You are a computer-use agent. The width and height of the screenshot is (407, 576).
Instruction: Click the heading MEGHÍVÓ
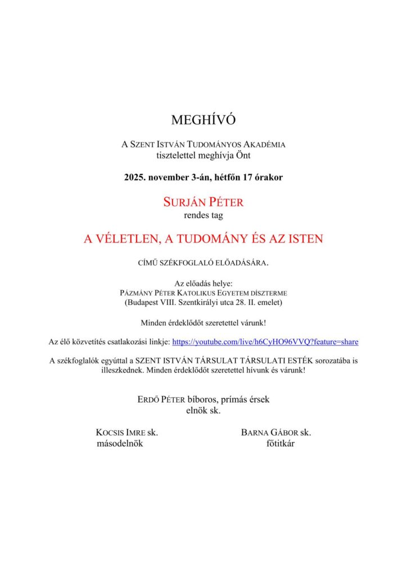pyautogui.click(x=203, y=119)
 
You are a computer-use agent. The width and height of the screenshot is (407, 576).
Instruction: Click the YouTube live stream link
pyautogui.click(x=265, y=341)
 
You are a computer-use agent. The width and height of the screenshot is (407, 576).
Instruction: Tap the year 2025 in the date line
pyautogui.click(x=135, y=177)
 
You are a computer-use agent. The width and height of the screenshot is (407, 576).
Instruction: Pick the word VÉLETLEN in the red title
pyautogui.click(x=124, y=239)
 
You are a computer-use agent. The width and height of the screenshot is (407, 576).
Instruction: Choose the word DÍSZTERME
pyautogui.click(x=269, y=293)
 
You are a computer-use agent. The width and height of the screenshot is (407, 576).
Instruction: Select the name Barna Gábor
pyautogui.click(x=270, y=433)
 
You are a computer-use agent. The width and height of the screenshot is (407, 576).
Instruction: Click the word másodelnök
pyautogui.click(x=121, y=443)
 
